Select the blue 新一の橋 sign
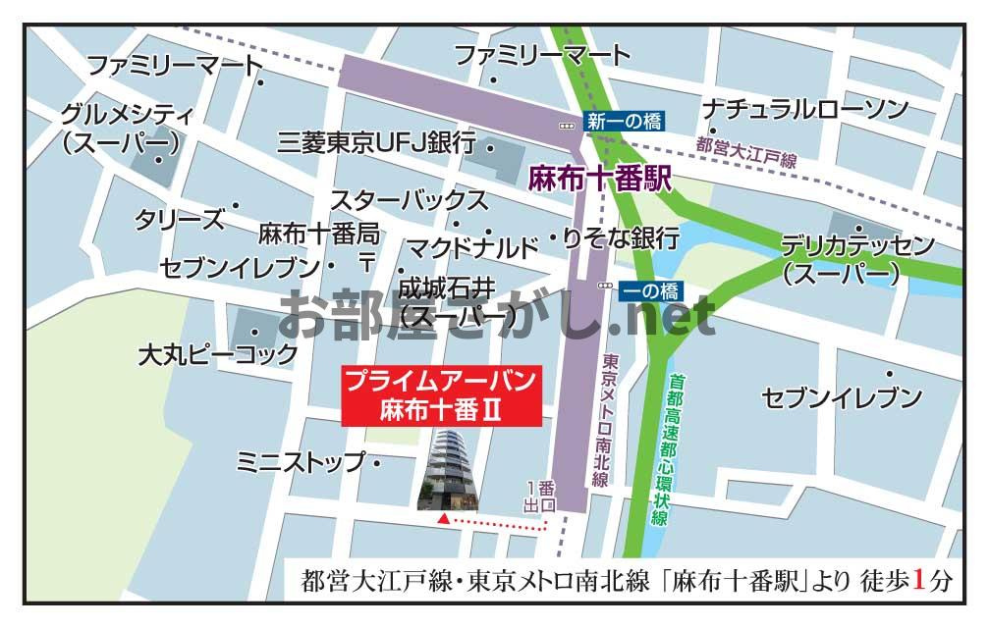pyautogui.click(x=625, y=122)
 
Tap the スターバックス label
pyautogui.click(x=409, y=201)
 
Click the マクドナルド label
pyautogui.click(x=472, y=246)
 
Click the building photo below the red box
pyautogui.click(x=448, y=470)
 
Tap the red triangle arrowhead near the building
pyautogui.click(x=444, y=516)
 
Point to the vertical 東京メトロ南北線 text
pyautogui.click(x=601, y=419)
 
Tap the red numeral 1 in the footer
pyautogui.click(x=920, y=580)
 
